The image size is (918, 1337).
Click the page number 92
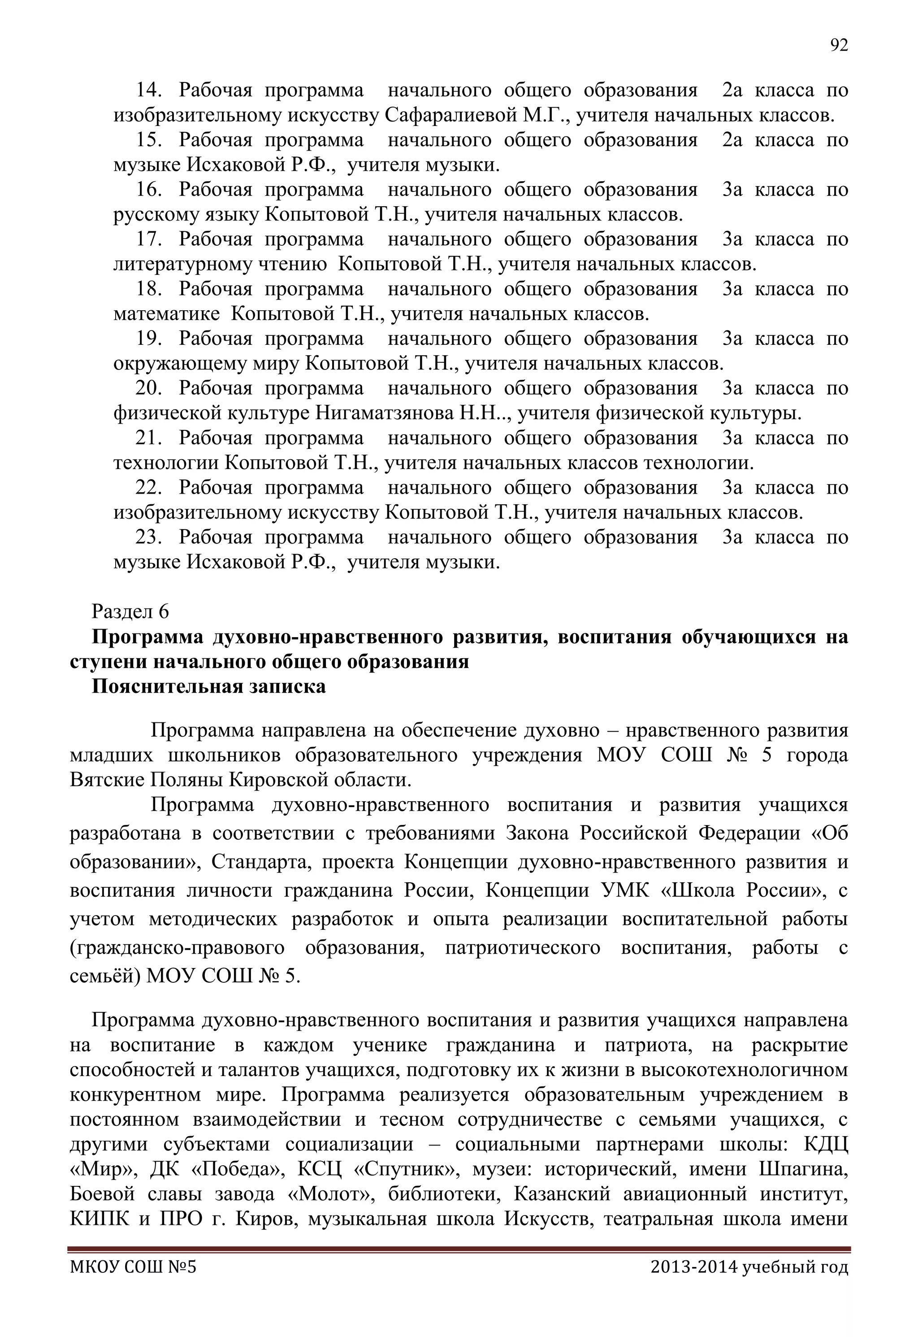839,45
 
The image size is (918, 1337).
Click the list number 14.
148,90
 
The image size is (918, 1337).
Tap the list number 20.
148,388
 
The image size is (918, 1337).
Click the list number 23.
148,537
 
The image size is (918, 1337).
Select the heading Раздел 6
130,612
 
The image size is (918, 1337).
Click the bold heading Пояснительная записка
209,686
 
